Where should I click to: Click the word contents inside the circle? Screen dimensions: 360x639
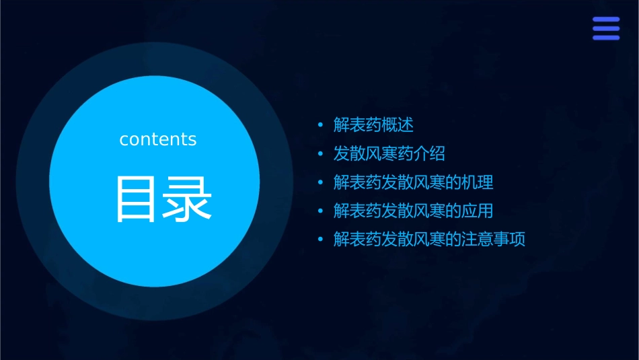tap(158, 139)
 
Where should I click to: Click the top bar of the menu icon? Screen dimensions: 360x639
tap(605, 20)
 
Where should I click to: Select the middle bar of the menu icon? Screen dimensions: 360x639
tap(605, 28)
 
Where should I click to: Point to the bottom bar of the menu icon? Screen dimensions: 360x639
tap(605, 38)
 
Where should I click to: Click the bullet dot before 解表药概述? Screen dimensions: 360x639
tap(321, 125)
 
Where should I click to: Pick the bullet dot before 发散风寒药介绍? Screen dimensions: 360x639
tap(321, 154)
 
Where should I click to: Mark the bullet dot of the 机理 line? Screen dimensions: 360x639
tap(321, 182)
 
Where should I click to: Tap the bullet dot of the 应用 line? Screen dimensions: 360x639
tap(321, 211)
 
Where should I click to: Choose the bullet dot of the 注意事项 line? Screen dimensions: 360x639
tap(321, 240)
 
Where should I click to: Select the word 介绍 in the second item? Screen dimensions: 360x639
tap(429, 154)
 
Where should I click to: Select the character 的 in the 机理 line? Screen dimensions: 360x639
tap(453, 182)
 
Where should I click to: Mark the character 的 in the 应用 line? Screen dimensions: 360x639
tap(453, 211)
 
